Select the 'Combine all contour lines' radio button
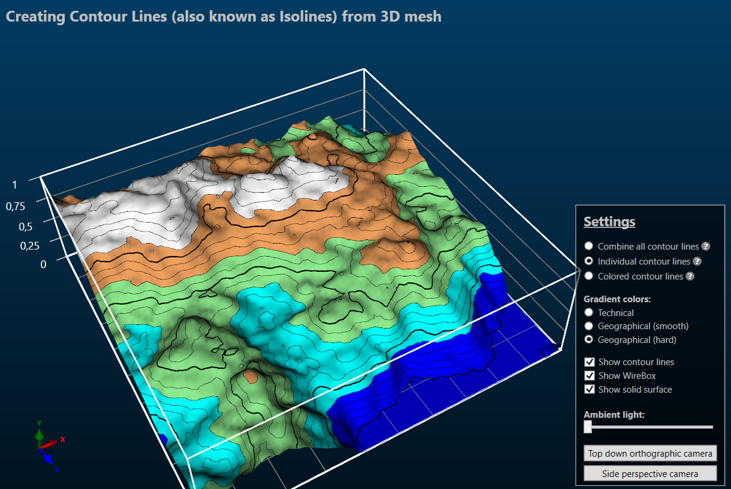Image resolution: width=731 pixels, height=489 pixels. click(589, 246)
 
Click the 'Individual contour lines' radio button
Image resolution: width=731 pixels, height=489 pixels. click(589, 261)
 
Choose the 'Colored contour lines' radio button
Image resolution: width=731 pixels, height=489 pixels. click(589, 276)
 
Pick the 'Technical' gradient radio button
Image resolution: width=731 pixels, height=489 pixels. click(589, 312)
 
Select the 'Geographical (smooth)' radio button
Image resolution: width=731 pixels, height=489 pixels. click(589, 326)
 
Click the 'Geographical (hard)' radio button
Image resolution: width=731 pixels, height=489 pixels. click(589, 340)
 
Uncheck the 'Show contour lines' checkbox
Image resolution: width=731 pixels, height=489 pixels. click(590, 362)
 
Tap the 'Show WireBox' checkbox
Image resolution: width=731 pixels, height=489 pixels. click(590, 376)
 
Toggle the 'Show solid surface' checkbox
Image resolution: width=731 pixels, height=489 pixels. click(590, 390)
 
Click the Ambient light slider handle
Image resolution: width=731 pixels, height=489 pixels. click(588, 427)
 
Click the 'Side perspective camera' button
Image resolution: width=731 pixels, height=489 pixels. click(650, 474)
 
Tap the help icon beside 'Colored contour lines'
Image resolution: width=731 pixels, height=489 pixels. click(690, 277)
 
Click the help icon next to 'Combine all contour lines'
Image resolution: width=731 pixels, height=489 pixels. click(706, 247)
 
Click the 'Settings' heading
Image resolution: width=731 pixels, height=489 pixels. click(609, 221)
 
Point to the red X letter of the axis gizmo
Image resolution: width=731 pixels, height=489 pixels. click(62, 439)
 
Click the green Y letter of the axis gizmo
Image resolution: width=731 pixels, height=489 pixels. click(39, 423)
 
